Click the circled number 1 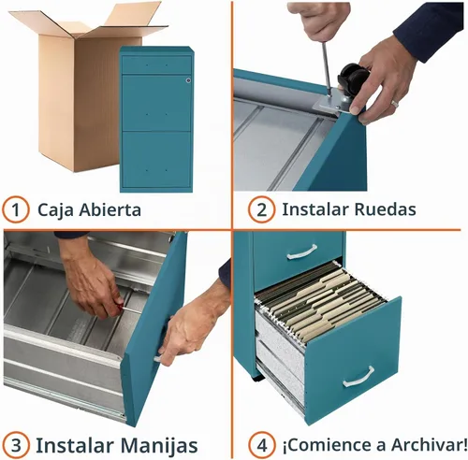tap(16, 209)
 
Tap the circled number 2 tap(262, 209)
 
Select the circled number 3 tap(16, 445)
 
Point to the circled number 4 tap(262, 445)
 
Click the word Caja tap(55, 210)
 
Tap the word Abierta tap(110, 209)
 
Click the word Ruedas tap(386, 209)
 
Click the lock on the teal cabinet tap(188, 80)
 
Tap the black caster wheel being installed tap(353, 76)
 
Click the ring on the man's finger tap(395, 103)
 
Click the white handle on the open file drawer tap(358, 377)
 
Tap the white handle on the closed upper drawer tap(301, 252)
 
